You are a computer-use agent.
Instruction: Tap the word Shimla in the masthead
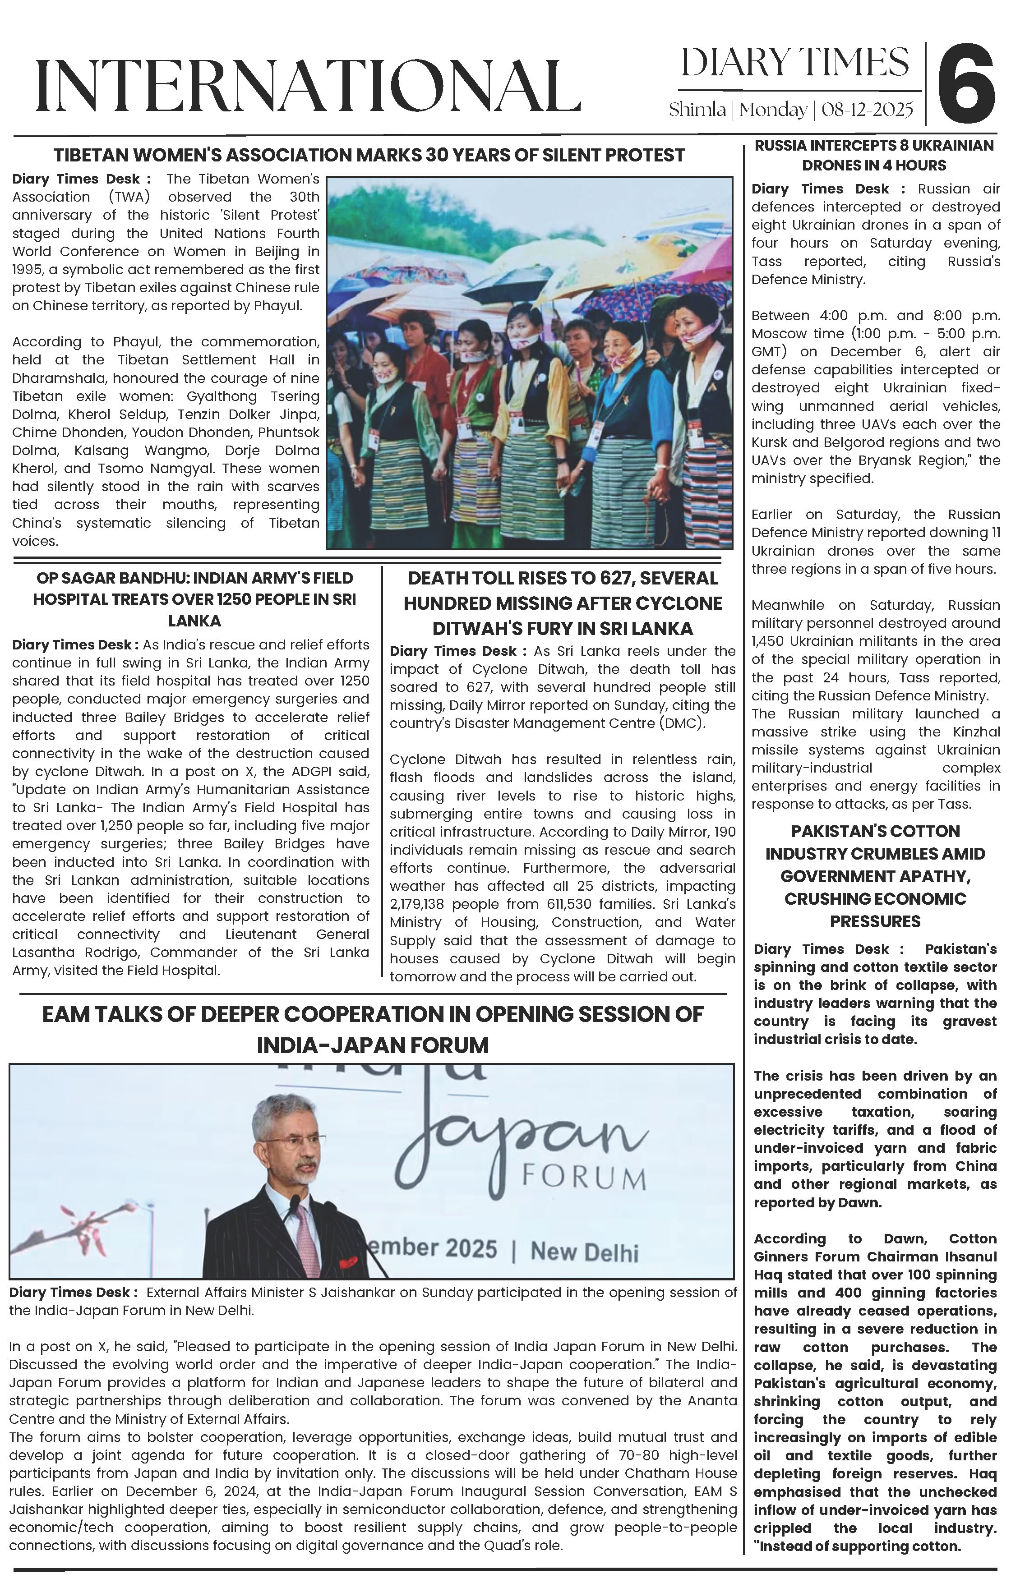click(697, 110)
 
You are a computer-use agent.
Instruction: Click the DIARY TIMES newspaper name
click(794, 62)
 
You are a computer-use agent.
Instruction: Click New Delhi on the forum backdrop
click(584, 1251)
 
